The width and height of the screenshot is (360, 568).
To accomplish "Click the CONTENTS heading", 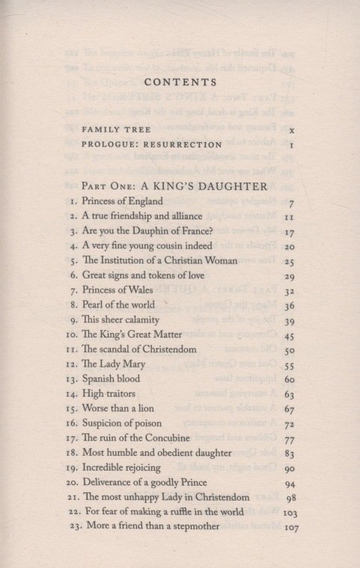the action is tap(180, 82).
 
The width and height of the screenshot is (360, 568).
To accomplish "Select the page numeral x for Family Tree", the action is tap(290, 129).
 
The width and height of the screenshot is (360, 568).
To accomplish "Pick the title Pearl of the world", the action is tap(123, 305).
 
